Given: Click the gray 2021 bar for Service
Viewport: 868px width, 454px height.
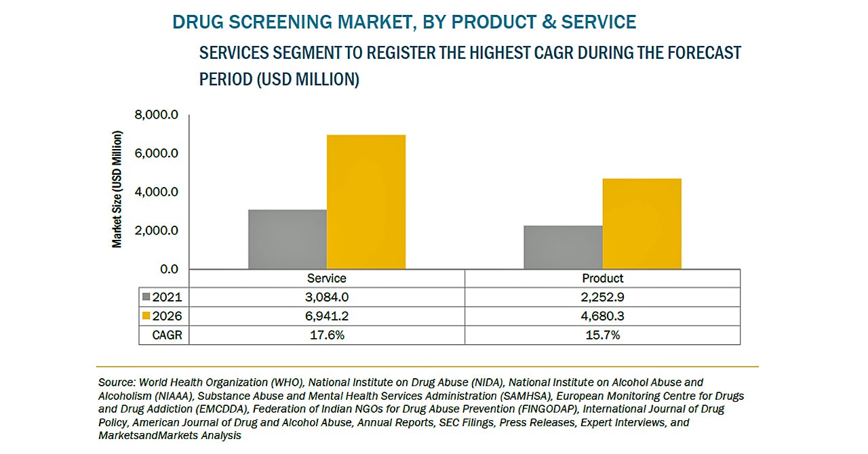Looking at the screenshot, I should [288, 239].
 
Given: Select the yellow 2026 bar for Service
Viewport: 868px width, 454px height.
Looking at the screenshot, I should [366, 202].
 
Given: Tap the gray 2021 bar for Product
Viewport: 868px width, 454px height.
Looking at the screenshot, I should [563, 247].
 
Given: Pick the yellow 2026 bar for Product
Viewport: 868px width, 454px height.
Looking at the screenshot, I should [642, 224].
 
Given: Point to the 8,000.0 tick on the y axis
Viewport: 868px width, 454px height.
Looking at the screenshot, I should [157, 115].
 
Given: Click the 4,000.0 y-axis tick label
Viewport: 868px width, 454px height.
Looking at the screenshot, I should [157, 192].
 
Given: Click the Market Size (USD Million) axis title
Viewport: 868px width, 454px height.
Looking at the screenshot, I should [117, 190].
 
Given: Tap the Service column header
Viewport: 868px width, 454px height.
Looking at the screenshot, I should [326, 278].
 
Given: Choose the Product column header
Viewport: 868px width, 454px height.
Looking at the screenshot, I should [602, 278].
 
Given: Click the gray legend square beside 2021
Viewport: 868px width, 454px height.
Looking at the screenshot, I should [146, 297].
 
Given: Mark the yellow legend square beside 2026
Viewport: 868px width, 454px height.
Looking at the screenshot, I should [146, 316].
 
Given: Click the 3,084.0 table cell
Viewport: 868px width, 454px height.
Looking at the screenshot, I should [326, 297].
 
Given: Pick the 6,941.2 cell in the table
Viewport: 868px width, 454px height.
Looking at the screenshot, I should [326, 316].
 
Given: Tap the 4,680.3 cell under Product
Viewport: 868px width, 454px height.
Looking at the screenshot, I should [602, 316].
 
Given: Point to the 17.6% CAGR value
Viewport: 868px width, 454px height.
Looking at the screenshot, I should [326, 335].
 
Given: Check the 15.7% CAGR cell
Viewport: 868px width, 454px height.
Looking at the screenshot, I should [602, 335].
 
